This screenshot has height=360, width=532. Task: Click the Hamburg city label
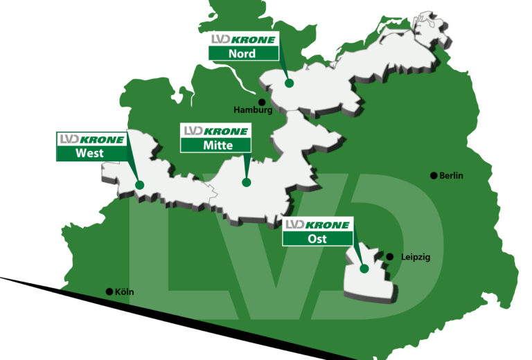point(253,110)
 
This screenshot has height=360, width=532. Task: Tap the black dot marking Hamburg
point(262,102)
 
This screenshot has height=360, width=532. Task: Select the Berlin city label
point(450,175)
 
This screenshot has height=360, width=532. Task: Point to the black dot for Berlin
point(434,175)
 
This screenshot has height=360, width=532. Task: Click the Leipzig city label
point(416,257)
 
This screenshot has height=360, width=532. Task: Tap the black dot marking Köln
point(109,291)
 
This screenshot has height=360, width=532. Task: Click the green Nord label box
point(243,53)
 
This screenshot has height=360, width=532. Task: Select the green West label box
point(91,153)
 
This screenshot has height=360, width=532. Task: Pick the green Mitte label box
point(215,145)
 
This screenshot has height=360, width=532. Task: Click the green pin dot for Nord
point(289,83)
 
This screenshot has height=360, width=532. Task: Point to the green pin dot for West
point(139,185)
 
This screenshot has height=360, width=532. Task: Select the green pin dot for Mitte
point(246,183)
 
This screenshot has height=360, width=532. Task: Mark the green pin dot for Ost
point(363,269)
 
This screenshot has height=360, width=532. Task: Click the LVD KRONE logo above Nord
point(243,39)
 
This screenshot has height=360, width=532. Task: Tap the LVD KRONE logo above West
point(91,139)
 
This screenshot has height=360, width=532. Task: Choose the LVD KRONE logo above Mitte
point(215,131)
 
